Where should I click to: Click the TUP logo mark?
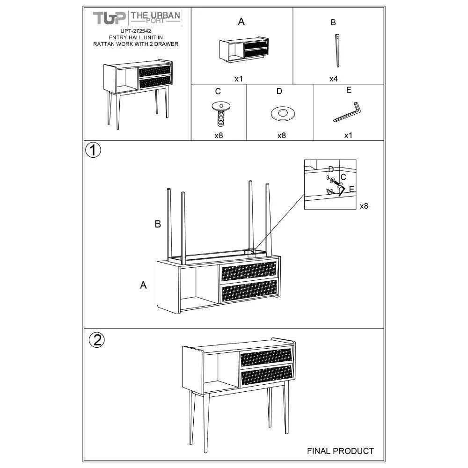tap(109, 18)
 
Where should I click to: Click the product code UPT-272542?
tap(136, 31)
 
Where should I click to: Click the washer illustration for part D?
tap(283, 114)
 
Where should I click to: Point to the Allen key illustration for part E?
tap(347, 112)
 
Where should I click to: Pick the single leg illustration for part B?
tap(337, 51)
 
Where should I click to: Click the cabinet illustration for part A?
tap(244, 50)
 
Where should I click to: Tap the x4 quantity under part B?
tap(333, 79)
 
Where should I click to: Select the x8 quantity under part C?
tap(219, 136)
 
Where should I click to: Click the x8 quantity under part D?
tap(281, 136)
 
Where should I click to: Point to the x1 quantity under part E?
tap(348, 136)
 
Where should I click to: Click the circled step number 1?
tap(93, 150)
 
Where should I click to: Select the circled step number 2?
tap(97, 340)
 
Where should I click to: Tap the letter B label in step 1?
tap(158, 224)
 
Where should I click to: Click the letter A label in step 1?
tap(143, 285)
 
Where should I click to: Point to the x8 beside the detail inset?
tap(364, 206)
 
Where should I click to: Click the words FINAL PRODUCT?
tap(341, 451)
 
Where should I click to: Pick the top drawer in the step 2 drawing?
tap(266, 358)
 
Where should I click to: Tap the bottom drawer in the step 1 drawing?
tap(249, 291)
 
